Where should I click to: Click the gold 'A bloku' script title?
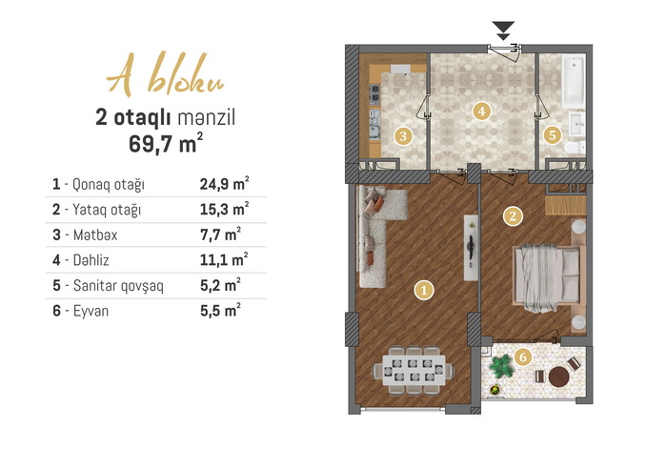coord(165,74)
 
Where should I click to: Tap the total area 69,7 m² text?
coord(166,143)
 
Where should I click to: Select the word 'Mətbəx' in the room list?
coord(95,235)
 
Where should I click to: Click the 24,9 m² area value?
coord(224,183)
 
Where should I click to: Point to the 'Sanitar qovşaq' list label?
coord(118,286)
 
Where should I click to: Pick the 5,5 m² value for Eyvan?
coord(220,310)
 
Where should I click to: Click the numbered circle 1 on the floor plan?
coord(424,290)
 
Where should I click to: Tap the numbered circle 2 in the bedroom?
coord(513,216)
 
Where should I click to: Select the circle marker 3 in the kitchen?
coord(403,136)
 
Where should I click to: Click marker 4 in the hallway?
coord(481,112)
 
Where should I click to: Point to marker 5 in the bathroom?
coord(552,135)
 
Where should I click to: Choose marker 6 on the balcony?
coord(523,357)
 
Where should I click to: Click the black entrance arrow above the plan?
coord(503,31)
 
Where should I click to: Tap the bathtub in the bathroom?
coord(574,81)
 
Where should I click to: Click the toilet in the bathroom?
coord(576,148)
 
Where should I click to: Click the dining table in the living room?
coord(414,370)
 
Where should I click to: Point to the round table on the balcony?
coord(558,377)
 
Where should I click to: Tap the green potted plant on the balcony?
coord(501,366)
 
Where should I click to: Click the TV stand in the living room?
coord(471,247)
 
